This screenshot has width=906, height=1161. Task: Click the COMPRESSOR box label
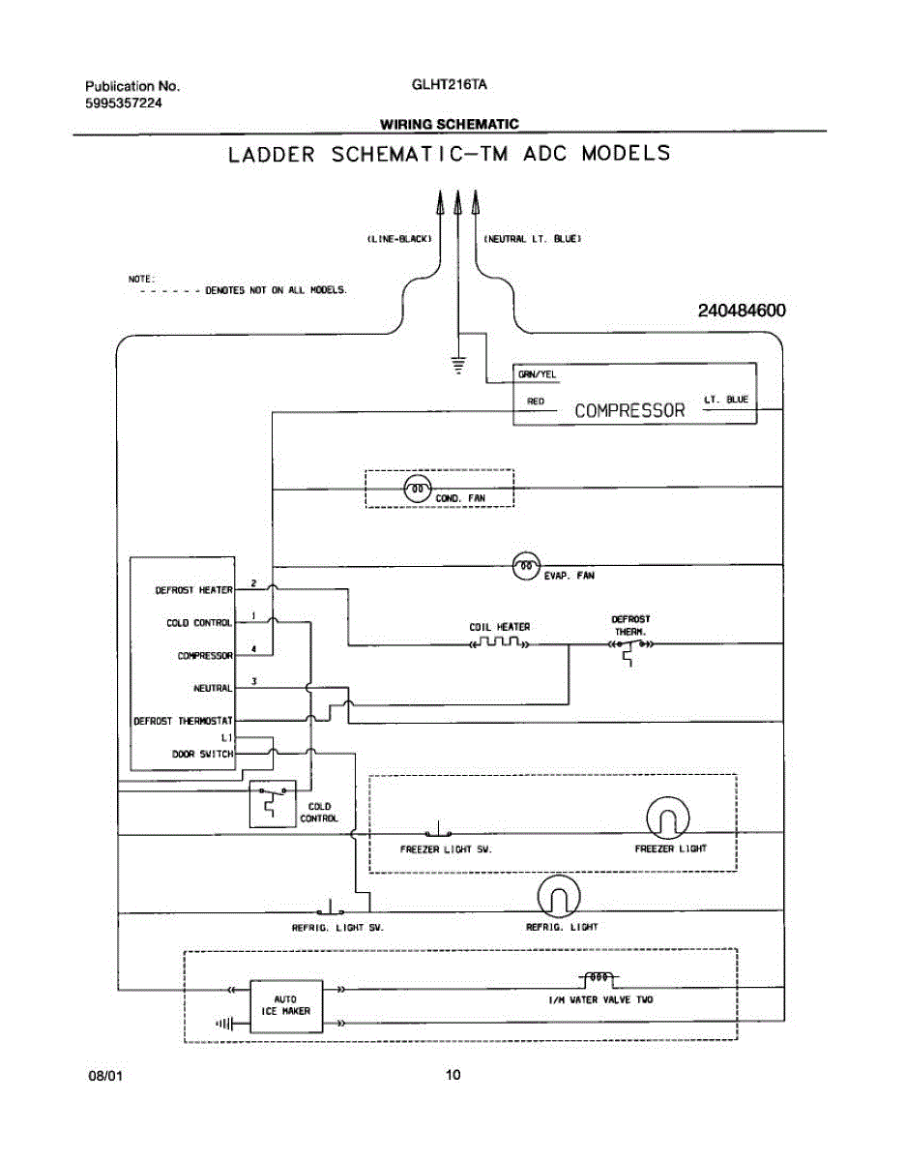point(629,410)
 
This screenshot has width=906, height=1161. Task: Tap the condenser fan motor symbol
point(417,489)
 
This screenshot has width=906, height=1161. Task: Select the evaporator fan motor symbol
point(526,565)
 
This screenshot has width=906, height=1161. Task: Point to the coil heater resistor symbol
point(499,641)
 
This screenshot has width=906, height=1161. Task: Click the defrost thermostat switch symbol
point(630,650)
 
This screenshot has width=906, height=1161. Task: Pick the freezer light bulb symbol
point(667,818)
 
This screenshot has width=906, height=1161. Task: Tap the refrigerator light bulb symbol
point(559,897)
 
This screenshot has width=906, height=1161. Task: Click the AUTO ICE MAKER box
point(286,1006)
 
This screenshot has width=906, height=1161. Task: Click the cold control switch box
point(273,804)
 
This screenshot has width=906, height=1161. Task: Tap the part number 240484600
point(742,311)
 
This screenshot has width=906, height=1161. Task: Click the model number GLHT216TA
point(449,84)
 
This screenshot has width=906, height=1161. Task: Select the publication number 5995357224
point(124,103)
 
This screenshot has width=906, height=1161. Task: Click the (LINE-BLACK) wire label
point(398,239)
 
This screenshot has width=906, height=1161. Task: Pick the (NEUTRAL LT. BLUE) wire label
point(532,239)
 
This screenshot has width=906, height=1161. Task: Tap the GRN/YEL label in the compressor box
point(537,374)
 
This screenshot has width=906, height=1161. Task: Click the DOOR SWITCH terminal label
point(203,754)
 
